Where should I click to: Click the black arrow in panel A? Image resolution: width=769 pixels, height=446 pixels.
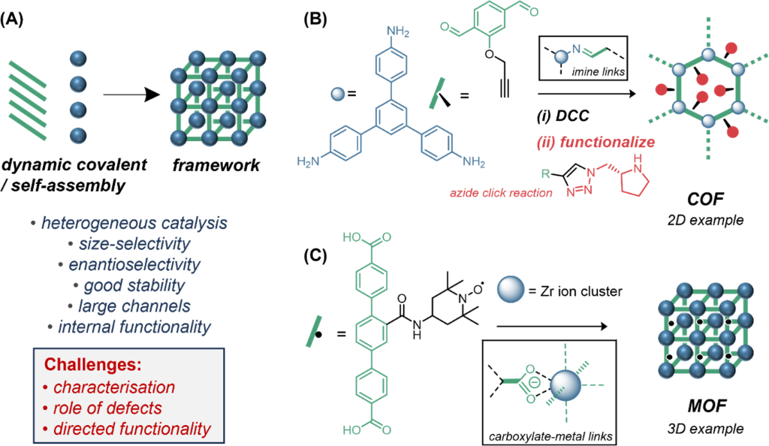132,95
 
